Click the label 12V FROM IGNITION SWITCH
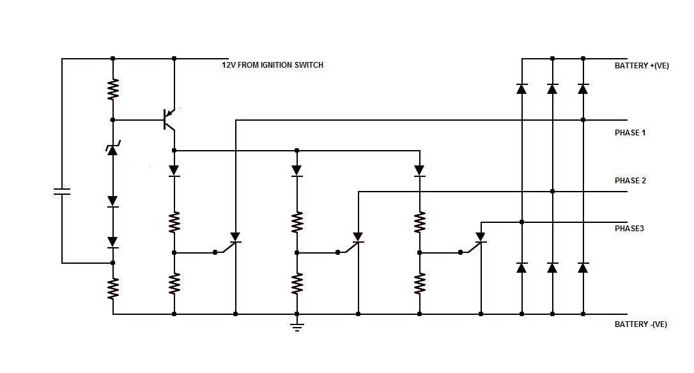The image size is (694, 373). click(272, 65)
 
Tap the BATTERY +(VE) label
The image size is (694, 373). click(642, 66)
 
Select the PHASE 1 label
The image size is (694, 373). click(630, 133)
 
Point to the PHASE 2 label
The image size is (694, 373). click(630, 181)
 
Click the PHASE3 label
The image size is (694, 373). click(629, 229)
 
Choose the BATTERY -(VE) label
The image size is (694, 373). click(640, 324)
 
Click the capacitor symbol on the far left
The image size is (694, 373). click(62, 191)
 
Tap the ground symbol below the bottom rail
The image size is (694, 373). click(297, 327)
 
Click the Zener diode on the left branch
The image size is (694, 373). click(113, 149)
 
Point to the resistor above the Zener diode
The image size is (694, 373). click(113, 89)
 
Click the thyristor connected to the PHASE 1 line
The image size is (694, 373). click(235, 239)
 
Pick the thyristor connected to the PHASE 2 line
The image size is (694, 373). click(358, 239)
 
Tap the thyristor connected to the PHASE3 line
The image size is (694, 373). click(481, 239)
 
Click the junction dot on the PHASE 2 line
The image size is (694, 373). click(552, 191)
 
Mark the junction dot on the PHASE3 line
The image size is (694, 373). click(521, 222)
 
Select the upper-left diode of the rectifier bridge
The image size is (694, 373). click(521, 89)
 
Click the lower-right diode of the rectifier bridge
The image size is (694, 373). click(583, 268)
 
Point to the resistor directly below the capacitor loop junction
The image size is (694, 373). click(113, 289)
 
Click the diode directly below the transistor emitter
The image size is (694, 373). click(174, 171)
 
